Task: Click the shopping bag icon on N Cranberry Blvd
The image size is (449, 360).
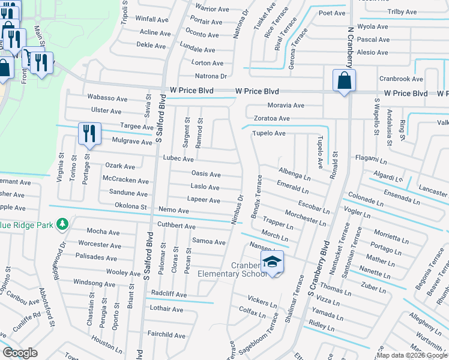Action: (x=344, y=80)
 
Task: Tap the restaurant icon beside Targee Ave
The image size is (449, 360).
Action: (x=89, y=133)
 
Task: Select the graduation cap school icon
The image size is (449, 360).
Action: (x=272, y=262)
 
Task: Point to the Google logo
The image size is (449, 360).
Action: (x=20, y=353)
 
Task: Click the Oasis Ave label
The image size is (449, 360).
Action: (x=206, y=174)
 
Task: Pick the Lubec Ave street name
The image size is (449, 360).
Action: (x=178, y=159)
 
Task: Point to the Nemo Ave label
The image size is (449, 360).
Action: (x=173, y=211)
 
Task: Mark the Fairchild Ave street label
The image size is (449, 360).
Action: (x=166, y=335)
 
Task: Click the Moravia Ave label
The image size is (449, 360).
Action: (x=286, y=105)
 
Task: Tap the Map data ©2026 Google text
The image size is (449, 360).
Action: (x=412, y=355)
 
